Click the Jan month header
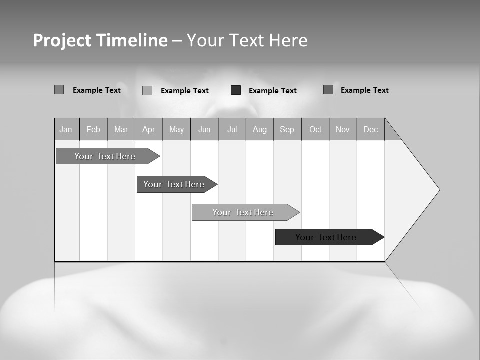click(66, 129)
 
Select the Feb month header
click(93, 129)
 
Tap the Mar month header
click(121, 129)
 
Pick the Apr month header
click(149, 129)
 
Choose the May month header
click(176, 129)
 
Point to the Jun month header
click(204, 129)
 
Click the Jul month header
click(232, 129)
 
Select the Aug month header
click(260, 129)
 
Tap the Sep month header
click(287, 129)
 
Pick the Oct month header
click(315, 129)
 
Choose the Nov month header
click(343, 129)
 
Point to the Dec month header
click(371, 129)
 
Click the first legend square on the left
click(59, 90)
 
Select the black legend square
click(236, 90)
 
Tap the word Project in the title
click(62, 40)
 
